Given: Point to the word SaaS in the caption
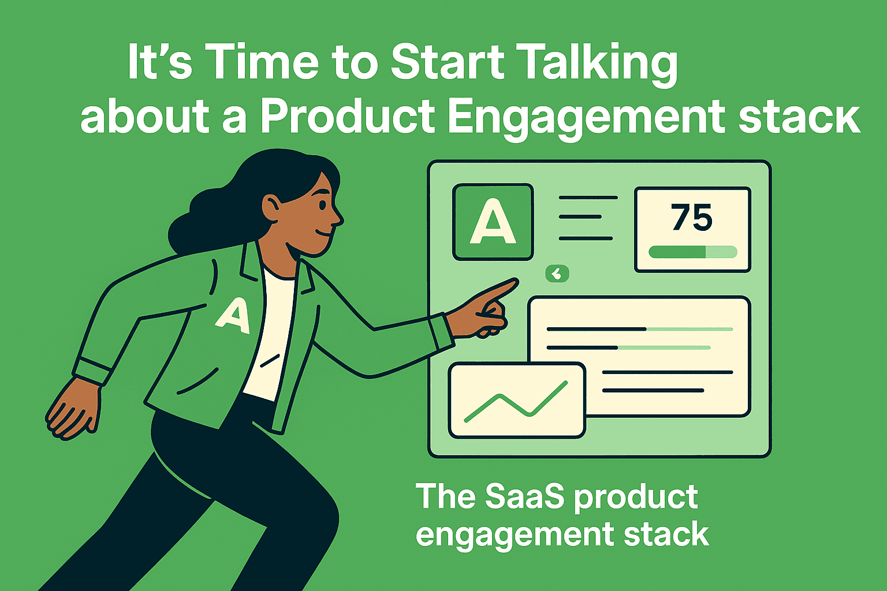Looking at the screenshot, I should click(x=523, y=496).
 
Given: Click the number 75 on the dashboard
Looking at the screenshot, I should click(x=692, y=218).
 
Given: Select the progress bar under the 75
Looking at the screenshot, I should click(x=692, y=252).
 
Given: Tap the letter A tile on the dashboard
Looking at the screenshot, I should click(x=493, y=222).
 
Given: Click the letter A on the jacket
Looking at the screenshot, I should click(x=234, y=316).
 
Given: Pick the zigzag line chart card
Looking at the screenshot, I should click(x=517, y=401).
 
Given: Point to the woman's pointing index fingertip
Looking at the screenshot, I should click(x=513, y=283).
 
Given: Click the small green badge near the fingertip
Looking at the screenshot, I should click(x=557, y=274).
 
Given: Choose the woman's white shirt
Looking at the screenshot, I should click(x=271, y=335).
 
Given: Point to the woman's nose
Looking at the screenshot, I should click(x=338, y=218).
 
